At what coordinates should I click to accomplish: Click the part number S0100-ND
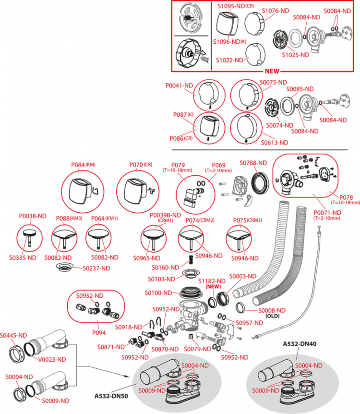158,292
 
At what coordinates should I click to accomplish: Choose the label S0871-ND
111,346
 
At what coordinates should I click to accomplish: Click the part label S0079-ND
198,349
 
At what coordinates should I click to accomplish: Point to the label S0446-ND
13,334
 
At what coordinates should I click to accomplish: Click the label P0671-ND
327,212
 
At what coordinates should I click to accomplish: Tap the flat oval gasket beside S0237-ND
66,267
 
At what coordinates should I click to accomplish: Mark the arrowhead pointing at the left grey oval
129,377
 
